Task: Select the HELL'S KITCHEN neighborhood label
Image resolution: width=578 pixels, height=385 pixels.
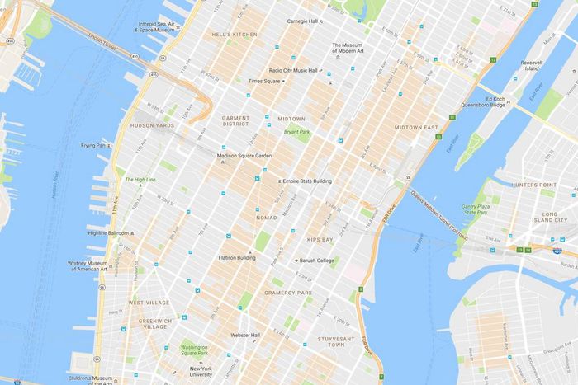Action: [x=233, y=34]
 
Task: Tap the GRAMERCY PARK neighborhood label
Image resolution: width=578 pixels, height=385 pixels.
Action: [x=287, y=293]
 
